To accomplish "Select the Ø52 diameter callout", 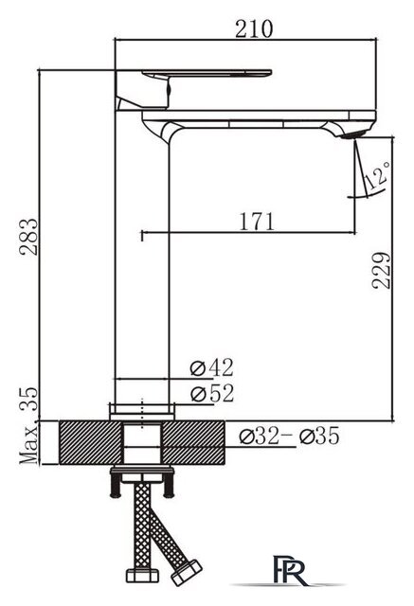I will point(211,392).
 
